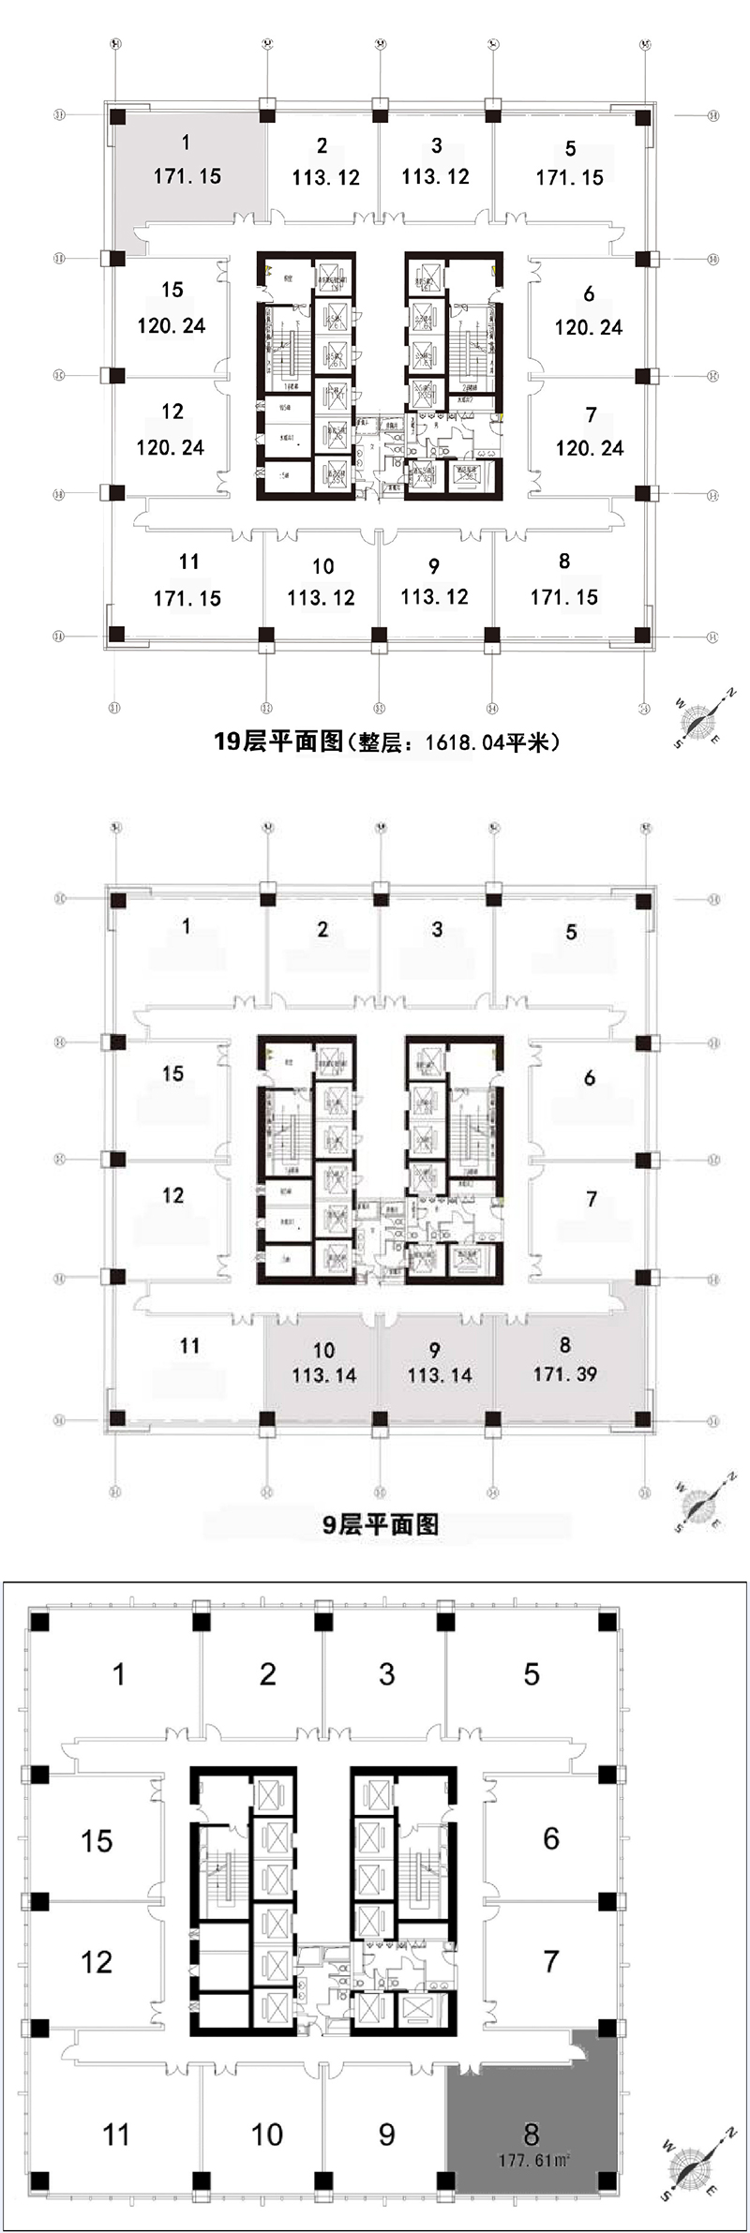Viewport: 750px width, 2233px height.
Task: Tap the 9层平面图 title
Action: pos(380,1523)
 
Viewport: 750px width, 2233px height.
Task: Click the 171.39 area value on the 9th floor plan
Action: pos(564,1374)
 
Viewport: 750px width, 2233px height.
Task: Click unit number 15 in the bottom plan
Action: pos(97,1840)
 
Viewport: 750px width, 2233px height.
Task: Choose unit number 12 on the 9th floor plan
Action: pos(172,1195)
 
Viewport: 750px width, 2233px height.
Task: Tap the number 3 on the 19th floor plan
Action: pos(436,145)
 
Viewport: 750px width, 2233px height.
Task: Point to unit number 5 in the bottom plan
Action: pos(532,1674)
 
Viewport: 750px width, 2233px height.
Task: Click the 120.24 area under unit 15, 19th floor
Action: pos(171,325)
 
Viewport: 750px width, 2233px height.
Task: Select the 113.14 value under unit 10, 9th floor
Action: pos(323,1375)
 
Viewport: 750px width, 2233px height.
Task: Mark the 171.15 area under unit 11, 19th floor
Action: pos(187,597)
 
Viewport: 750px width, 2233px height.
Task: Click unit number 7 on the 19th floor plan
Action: pos(591,414)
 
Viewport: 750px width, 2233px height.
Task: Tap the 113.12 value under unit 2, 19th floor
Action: pos(325,176)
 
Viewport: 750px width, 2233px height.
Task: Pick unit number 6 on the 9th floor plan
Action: pos(589,1077)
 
